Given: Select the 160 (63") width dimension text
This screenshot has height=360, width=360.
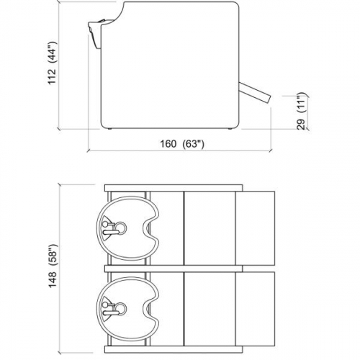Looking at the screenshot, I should [x=182, y=143].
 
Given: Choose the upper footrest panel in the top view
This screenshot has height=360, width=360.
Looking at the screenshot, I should [x=256, y=226].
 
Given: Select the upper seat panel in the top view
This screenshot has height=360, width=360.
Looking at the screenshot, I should [x=210, y=226].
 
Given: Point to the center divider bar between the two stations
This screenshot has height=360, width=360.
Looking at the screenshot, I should [x=173, y=266].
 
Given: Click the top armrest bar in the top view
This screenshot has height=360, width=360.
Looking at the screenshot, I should [x=173, y=187].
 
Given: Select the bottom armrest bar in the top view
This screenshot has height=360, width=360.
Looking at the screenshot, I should [x=173, y=346].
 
